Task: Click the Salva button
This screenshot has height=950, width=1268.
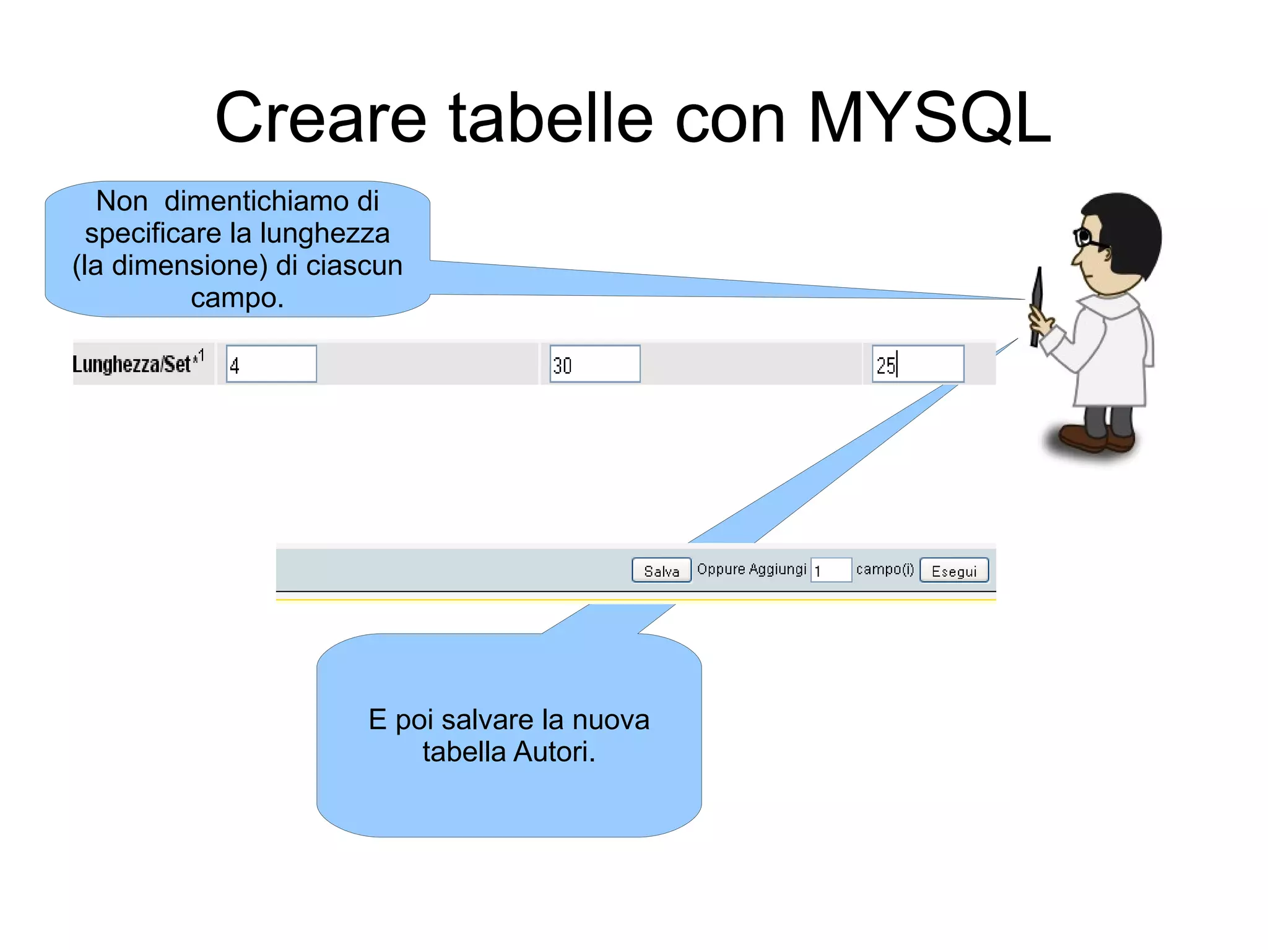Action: click(661, 571)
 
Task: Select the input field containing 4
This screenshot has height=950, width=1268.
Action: click(271, 364)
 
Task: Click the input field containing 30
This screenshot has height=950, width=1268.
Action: click(594, 364)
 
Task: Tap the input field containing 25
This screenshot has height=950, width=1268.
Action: click(918, 364)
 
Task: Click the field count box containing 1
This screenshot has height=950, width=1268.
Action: click(831, 570)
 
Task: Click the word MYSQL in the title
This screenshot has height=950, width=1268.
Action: click(929, 118)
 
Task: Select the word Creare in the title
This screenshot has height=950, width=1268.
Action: click(321, 118)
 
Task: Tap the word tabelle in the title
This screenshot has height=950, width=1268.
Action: click(551, 118)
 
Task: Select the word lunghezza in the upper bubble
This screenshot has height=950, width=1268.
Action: click(324, 233)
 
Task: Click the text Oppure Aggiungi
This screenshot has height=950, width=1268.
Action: click(752, 569)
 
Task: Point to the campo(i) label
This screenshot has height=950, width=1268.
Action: click(885, 569)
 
